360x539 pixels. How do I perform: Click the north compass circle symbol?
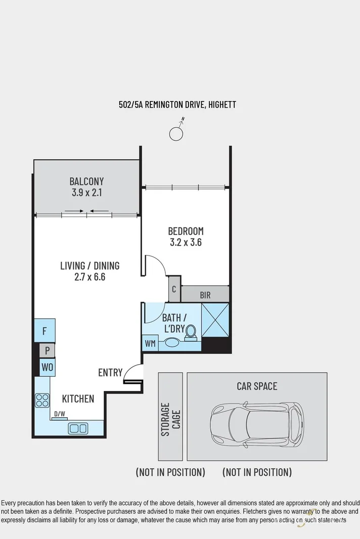pyautogui.click(x=176, y=133)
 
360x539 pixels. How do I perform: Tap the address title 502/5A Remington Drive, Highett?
pyautogui.click(x=177, y=105)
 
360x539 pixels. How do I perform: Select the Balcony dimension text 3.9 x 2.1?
pyautogui.click(x=86, y=192)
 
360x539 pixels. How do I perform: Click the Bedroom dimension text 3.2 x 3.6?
pyautogui.click(x=186, y=242)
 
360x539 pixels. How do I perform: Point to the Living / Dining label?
pyautogui.click(x=89, y=265)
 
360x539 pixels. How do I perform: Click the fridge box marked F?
pyautogui.click(x=44, y=331)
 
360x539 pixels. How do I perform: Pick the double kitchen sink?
pyautogui.click(x=78, y=428)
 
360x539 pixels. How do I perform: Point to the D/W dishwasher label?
pyautogui.click(x=60, y=414)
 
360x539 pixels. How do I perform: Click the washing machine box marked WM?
pyautogui.click(x=150, y=344)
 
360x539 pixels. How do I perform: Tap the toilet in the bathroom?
pyautogui.click(x=191, y=332)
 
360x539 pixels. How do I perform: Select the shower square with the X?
pyautogui.click(x=215, y=320)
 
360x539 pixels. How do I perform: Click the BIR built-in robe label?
pyautogui.click(x=205, y=295)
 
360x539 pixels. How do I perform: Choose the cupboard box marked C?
pyautogui.click(x=173, y=289)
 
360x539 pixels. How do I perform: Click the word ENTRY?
pyautogui.click(x=110, y=373)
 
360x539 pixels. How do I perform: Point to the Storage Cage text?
pyautogui.click(x=170, y=419)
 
